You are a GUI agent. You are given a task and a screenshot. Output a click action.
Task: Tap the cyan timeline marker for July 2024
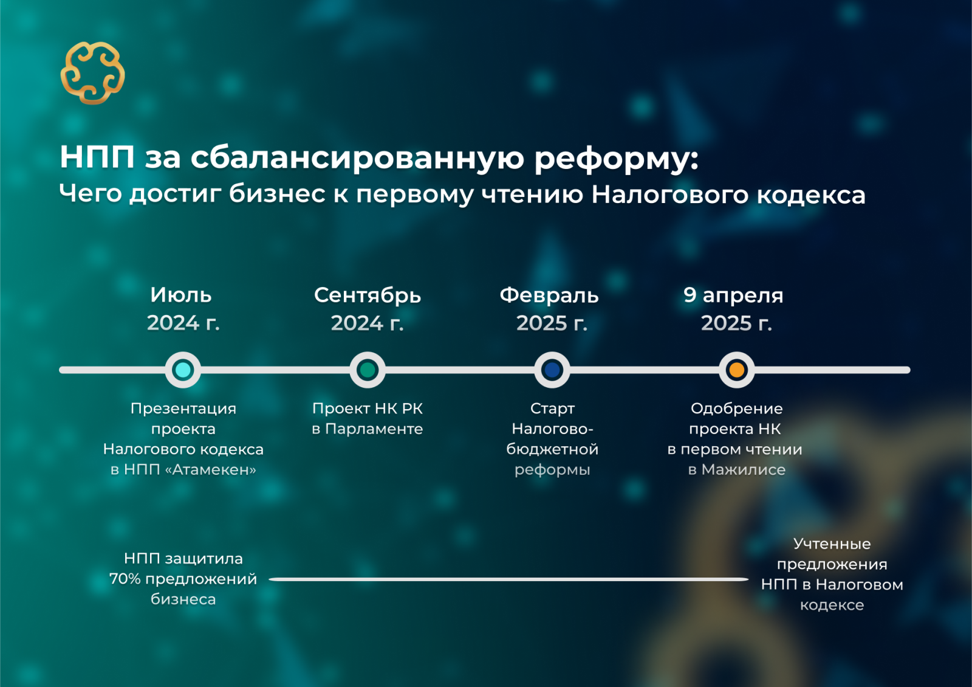(183, 370)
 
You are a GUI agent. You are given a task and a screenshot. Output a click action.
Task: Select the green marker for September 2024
(368, 370)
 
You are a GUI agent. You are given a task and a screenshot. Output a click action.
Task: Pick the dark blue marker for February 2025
(552, 370)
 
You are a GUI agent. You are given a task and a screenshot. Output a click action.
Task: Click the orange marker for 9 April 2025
(737, 370)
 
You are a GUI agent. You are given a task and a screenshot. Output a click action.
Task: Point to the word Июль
(181, 295)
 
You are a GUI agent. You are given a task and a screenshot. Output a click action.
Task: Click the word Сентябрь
(368, 295)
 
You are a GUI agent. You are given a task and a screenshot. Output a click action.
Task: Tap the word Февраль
(549, 295)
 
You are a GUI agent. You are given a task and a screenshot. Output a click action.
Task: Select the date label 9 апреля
(733, 296)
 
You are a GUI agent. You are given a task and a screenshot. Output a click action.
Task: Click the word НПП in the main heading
(97, 157)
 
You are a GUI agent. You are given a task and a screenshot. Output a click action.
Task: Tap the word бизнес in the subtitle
(277, 194)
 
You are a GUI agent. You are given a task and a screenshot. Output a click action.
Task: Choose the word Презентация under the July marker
(183, 409)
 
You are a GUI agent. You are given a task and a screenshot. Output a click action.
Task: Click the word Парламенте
(374, 429)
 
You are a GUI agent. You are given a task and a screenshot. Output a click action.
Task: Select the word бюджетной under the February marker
(552, 449)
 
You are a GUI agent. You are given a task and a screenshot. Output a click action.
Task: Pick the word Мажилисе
(744, 469)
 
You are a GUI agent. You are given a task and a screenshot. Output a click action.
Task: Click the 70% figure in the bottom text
(125, 579)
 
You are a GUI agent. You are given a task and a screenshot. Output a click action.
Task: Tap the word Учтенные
(832, 544)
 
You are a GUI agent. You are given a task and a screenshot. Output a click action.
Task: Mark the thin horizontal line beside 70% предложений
(508, 579)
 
